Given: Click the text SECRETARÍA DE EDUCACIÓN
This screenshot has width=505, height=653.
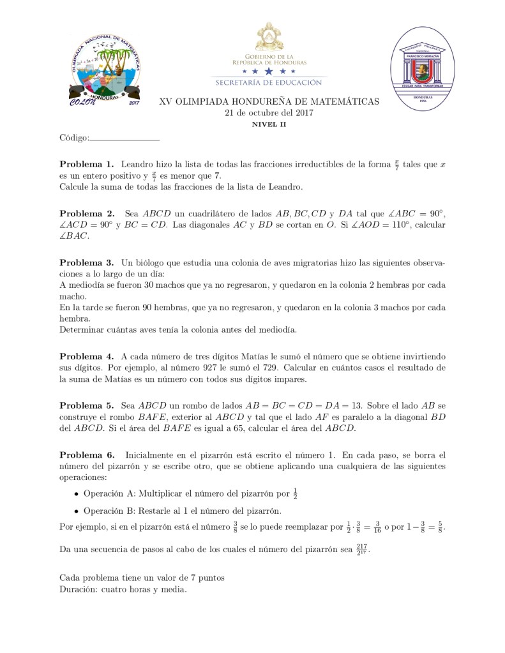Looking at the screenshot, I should [269, 82].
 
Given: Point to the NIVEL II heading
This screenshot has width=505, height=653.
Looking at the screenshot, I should [269, 124].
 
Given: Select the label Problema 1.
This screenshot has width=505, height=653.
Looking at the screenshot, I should [86, 164].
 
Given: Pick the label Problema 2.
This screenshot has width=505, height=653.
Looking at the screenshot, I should [86, 213].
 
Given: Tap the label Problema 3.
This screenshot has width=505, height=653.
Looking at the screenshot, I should [86, 262].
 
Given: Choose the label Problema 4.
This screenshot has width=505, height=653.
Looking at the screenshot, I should [86, 356].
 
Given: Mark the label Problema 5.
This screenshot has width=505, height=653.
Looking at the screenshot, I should [86, 405].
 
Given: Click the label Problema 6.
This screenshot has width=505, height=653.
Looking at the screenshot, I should [86, 454].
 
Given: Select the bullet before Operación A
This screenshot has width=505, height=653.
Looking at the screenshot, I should [77, 494].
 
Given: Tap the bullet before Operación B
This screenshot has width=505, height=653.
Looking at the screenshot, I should [77, 511].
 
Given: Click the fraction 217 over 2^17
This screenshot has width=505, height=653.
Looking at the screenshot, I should [362, 550].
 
